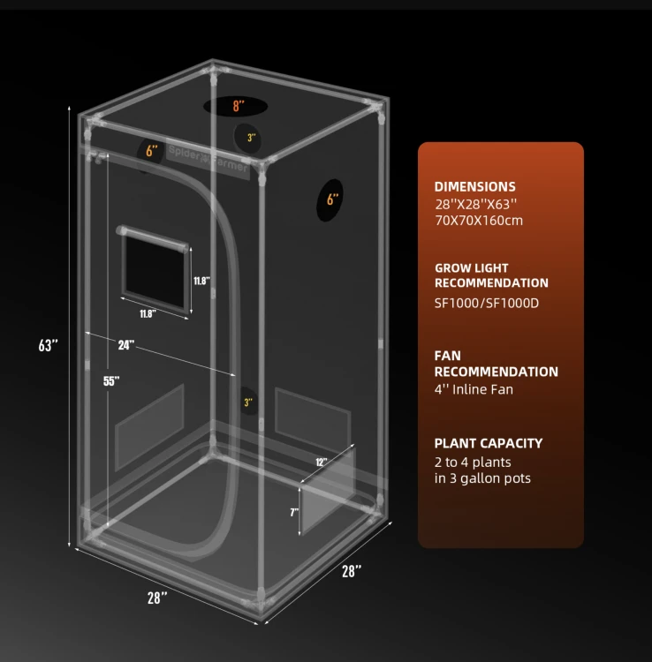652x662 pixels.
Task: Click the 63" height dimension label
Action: click(49, 345)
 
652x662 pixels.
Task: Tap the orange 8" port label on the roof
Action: click(239, 106)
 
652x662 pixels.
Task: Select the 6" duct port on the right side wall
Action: click(330, 199)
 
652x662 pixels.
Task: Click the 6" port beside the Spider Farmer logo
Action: click(150, 152)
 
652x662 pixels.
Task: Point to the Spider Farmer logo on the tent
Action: click(208, 159)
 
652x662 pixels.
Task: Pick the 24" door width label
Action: click(126, 345)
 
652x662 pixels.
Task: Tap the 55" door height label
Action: click(111, 380)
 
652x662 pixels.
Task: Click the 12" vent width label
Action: click(321, 462)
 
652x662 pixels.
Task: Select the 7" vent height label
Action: click(294, 513)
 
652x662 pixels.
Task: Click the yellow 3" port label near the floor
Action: click(248, 402)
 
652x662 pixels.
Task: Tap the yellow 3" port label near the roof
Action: click(252, 138)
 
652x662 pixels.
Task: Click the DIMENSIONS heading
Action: click(475, 186)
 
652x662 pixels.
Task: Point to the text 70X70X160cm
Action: click(479, 221)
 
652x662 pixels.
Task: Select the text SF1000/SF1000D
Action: click(487, 303)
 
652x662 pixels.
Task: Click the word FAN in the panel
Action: click(448, 356)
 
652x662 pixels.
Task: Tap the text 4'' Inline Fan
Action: click(474, 389)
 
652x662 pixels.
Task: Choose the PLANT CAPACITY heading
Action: click(489, 443)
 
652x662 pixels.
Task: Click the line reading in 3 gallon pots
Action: click(482, 478)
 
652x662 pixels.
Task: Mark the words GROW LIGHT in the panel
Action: click(472, 268)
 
